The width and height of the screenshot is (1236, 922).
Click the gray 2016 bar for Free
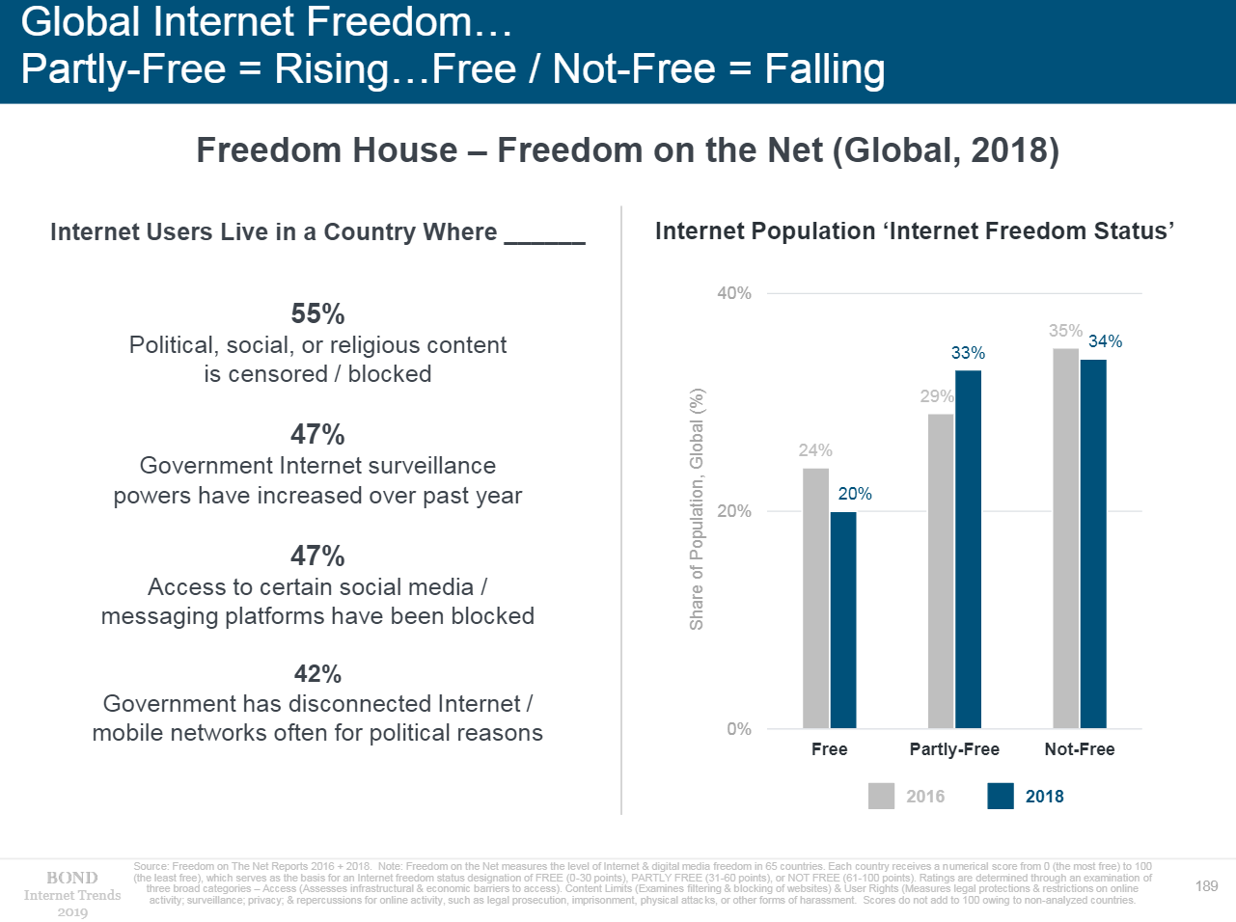pos(815,598)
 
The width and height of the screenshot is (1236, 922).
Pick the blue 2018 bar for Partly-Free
pos(968,549)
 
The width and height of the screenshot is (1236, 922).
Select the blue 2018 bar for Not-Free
pos(1093,544)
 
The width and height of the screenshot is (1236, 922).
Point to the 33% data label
pos(968,353)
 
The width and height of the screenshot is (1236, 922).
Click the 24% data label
pos(815,450)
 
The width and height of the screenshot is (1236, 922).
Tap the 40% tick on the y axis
pos(734,293)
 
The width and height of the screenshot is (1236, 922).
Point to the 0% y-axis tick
pos(739,729)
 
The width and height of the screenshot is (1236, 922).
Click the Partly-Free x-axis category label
pos(954,749)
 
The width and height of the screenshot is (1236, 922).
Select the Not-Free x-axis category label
pos(1079,749)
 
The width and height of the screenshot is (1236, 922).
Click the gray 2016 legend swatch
pos(881,796)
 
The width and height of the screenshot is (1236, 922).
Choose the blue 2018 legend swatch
pos(1001,796)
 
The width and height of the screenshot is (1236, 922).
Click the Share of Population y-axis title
pos(697,509)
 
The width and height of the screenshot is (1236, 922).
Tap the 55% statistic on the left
pos(317,313)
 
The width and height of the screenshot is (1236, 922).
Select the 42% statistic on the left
pos(317,673)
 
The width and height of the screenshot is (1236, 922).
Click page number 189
pos(1206,885)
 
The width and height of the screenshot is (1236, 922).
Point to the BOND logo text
pos(72,878)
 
